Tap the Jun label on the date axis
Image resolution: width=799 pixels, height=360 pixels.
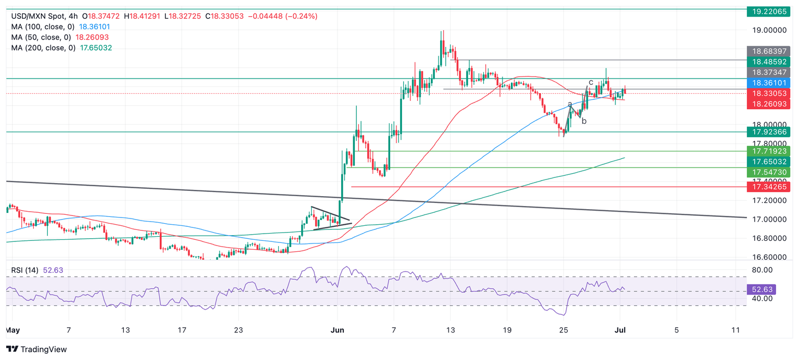click(338, 330)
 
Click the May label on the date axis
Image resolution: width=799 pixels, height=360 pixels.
click(12, 330)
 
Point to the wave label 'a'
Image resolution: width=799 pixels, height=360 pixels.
click(570, 104)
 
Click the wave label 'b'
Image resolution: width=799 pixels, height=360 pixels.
click(584, 121)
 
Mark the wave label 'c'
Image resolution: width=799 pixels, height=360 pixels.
click(591, 82)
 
